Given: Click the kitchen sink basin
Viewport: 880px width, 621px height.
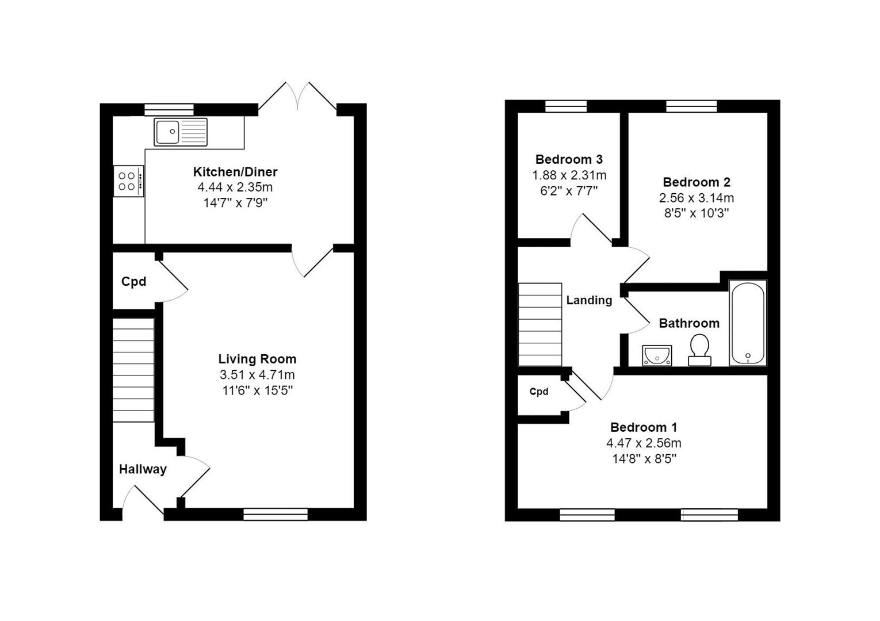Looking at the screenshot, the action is click(168, 132).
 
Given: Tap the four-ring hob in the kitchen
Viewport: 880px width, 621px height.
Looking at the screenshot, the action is click(129, 181).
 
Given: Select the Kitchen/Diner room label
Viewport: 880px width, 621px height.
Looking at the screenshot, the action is click(235, 172).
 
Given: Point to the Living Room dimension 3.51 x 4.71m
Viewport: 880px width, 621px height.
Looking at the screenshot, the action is click(257, 375).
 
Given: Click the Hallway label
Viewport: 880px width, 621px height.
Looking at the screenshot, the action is click(143, 469).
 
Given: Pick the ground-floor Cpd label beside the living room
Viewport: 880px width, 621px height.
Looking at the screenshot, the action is click(133, 281).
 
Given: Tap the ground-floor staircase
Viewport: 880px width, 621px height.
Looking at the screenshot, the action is click(133, 370).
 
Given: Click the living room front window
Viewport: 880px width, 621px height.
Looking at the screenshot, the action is click(276, 514).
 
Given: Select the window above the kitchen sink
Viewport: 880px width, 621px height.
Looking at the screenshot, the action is click(169, 110).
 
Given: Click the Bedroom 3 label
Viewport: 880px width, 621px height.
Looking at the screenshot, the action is click(569, 159).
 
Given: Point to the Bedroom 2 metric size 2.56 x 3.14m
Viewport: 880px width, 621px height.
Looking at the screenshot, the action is click(697, 198).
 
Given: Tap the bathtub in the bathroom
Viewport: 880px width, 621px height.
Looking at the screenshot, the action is click(748, 323).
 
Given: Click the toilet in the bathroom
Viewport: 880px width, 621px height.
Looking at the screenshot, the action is click(699, 350).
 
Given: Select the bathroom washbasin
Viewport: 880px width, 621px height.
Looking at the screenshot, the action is click(657, 355).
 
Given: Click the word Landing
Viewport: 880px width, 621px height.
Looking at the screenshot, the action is click(589, 300).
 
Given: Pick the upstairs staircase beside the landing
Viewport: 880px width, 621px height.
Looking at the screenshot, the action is click(540, 324).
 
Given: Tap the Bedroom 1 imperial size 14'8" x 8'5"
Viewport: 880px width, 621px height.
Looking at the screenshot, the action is click(644, 458).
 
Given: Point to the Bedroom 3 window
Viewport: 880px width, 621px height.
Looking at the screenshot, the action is click(566, 106).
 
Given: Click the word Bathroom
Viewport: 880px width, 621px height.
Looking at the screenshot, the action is click(689, 323).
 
